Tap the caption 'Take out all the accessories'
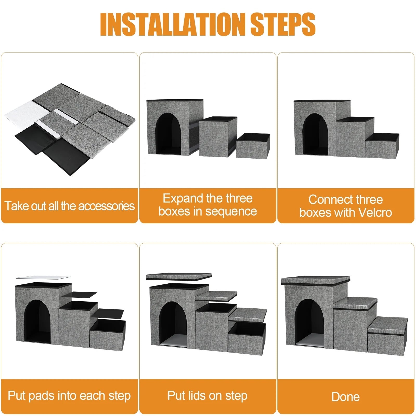click(x=69, y=206)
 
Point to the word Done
click(x=346, y=397)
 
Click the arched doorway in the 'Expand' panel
click(x=168, y=134)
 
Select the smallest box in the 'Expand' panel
click(x=253, y=145)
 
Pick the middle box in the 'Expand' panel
click(x=218, y=136)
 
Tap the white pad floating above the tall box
click(x=43, y=277)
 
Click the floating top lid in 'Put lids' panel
click(x=179, y=276)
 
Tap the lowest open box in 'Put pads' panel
click(x=108, y=335)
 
